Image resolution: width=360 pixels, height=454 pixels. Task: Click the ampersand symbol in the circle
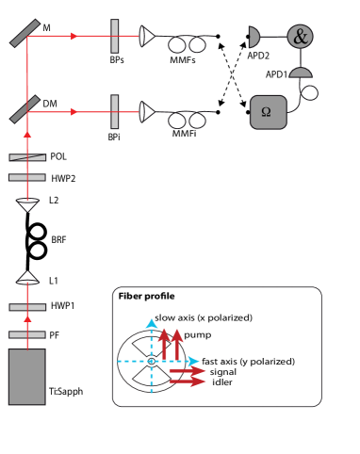pos(300,37)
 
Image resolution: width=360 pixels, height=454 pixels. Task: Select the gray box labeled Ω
pos(268,112)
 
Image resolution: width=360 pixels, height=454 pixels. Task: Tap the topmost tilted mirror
pos(25,33)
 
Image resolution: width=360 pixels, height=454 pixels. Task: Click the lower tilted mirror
pos(25,108)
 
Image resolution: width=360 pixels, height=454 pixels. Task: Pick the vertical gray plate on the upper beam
pos(115,36)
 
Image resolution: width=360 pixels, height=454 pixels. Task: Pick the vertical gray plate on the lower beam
pos(115,111)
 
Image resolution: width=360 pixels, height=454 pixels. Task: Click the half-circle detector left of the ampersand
pos(253,37)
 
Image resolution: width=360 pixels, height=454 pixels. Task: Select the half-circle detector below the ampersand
pos(300,73)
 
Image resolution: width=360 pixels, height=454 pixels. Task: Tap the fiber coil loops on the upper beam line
pos(187,44)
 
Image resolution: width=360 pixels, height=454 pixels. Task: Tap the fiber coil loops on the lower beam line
pos(187,120)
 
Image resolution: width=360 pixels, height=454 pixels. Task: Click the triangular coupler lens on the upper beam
pos(146,36)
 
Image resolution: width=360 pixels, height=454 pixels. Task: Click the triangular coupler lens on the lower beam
pos(146,111)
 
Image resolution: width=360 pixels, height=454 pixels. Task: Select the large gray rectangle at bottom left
pos(26,377)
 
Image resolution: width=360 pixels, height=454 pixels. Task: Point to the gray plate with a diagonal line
pos(27,157)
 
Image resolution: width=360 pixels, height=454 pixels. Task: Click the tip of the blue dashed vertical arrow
pos(151,321)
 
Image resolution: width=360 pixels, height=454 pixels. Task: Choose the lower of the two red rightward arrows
pos(188,381)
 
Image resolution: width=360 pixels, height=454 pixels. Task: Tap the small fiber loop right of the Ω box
pos(309,92)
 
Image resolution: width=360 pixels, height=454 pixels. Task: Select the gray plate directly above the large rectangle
pos(27,334)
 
